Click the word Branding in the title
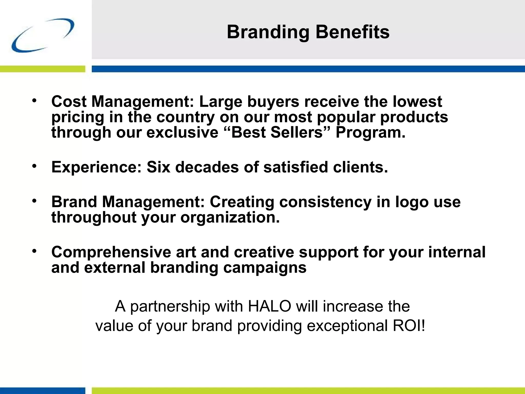click(x=268, y=32)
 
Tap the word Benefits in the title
click(x=352, y=32)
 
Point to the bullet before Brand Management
click(x=34, y=201)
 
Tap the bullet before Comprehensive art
click(x=34, y=251)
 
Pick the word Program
click(x=370, y=133)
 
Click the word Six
click(x=158, y=167)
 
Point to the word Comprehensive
click(x=111, y=252)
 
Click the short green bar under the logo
click(x=43, y=69)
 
